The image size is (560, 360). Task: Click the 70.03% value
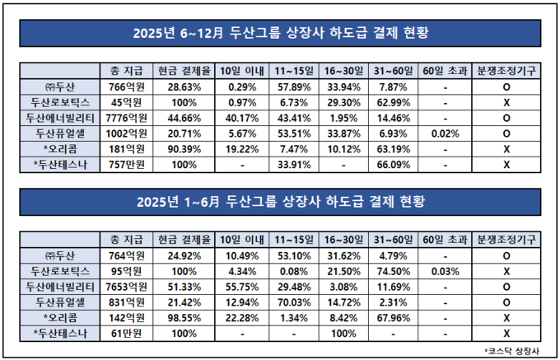292,302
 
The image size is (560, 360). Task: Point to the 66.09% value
390,165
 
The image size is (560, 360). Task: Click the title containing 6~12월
281,34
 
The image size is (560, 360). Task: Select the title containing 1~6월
281,203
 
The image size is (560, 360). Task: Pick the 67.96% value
390,317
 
